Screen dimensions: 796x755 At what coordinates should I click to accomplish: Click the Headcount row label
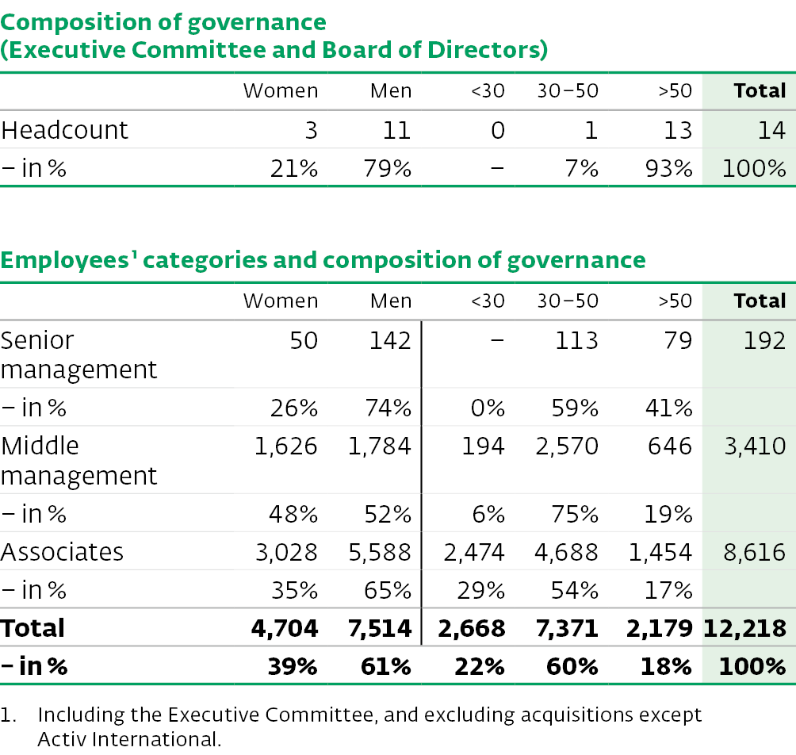click(64, 130)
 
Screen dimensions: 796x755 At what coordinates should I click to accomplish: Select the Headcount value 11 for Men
click(396, 131)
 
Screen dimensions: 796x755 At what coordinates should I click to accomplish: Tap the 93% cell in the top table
click(668, 169)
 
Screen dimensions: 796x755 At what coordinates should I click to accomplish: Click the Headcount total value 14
click(771, 131)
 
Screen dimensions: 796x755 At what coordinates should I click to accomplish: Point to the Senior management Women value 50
click(304, 340)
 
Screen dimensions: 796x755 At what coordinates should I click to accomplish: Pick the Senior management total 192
click(764, 340)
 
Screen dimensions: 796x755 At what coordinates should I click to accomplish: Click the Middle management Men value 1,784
click(379, 446)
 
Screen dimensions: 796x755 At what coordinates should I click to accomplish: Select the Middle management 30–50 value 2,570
click(567, 446)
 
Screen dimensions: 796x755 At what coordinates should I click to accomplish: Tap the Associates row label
click(62, 552)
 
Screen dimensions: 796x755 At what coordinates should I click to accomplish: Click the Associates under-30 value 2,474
click(474, 553)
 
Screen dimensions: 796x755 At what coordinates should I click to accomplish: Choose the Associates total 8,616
click(754, 553)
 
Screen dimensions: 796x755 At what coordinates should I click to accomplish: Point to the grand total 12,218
click(744, 629)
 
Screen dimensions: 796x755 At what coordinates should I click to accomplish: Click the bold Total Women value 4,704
click(285, 629)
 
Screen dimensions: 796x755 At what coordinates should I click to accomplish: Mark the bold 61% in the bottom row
click(386, 666)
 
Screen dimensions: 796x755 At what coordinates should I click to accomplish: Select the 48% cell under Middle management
click(293, 515)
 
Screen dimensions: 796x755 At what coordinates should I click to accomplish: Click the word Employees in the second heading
click(65, 260)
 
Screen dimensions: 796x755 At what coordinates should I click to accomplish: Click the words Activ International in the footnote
click(129, 739)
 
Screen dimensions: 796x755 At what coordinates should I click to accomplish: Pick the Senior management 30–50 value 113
click(576, 340)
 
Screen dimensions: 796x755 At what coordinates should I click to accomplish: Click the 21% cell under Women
click(294, 169)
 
